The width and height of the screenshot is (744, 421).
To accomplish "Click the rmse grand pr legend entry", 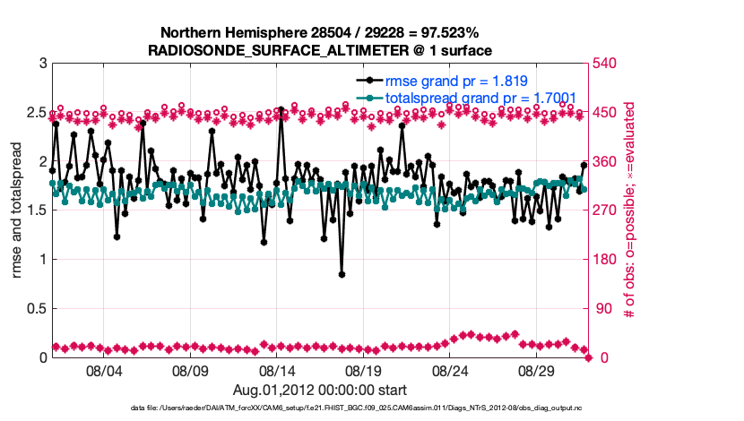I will [451, 80].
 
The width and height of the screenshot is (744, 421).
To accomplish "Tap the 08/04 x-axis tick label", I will [103, 369].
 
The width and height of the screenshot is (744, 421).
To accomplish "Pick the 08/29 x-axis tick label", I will [538, 369].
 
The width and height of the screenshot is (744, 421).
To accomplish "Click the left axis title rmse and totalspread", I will [17, 210].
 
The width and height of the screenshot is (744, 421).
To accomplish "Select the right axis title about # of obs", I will [630, 210].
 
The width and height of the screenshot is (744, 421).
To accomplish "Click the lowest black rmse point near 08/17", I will [342, 274].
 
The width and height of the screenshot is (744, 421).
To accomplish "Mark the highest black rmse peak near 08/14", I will [281, 109].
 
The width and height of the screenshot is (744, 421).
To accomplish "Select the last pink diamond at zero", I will [589, 357].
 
